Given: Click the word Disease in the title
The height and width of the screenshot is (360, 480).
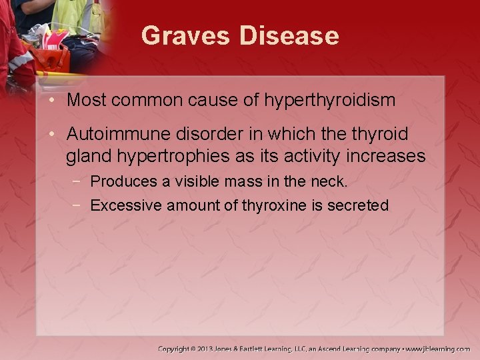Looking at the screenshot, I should [289, 35].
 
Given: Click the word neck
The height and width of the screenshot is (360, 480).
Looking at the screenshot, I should [329, 181].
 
